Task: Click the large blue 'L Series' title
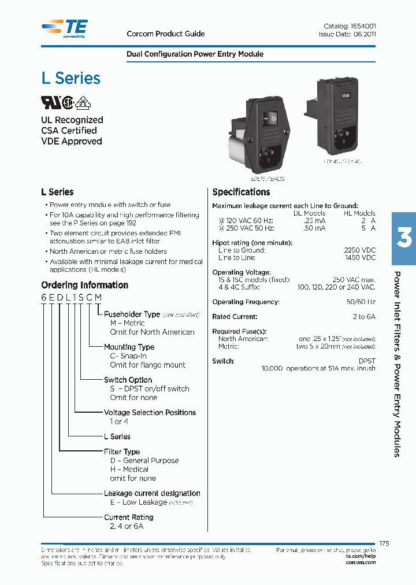point(70,79)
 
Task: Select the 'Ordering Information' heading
point(84,285)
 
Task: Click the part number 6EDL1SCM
point(71,297)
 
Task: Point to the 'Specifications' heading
point(241,192)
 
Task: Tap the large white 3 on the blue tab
point(404,239)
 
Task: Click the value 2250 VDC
point(359,250)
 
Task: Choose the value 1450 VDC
point(359,257)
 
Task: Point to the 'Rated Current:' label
point(235,317)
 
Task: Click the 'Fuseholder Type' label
point(132,314)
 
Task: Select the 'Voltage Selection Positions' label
point(150,413)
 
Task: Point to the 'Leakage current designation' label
point(152,494)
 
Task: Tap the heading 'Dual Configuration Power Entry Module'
point(195,54)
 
